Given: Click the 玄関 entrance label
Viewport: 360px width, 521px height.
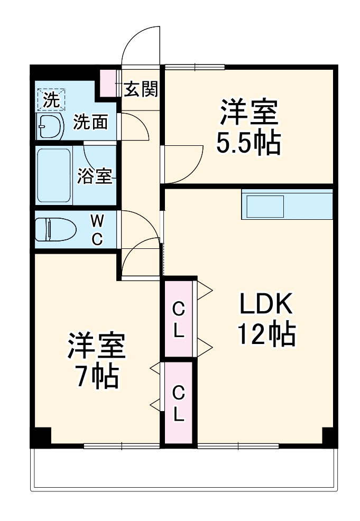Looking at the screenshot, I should coord(140,89).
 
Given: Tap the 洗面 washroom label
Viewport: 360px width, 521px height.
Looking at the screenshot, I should coord(90,123).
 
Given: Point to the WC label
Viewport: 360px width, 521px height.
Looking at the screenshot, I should coord(97,229).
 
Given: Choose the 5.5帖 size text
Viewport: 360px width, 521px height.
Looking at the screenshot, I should coord(248,142).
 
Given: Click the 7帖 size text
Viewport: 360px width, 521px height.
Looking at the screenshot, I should coord(96,375).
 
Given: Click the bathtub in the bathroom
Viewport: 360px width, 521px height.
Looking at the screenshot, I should coord(53,175).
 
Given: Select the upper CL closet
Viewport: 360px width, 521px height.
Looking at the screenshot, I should coord(178,319).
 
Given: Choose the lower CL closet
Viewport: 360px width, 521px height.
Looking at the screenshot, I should coord(178,403).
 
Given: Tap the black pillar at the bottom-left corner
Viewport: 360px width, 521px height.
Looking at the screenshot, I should coord(40,436).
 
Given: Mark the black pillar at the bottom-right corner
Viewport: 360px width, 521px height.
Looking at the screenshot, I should coord(329,436).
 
